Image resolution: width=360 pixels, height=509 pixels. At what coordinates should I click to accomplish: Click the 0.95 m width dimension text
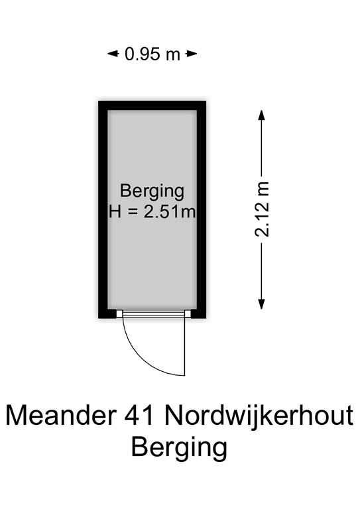152,54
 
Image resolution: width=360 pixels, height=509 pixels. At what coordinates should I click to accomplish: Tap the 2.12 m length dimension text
262,209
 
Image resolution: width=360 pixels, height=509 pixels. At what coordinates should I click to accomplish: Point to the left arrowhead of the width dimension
113,54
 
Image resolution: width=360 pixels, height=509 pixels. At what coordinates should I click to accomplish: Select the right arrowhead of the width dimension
192,54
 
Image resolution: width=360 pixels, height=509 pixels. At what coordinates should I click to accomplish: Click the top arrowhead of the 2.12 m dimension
262,115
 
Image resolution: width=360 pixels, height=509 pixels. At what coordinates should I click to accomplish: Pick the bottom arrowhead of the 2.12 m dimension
262,304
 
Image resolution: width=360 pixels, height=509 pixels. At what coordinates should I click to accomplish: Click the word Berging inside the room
152,192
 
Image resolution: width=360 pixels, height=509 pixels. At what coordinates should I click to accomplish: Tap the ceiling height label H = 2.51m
152,212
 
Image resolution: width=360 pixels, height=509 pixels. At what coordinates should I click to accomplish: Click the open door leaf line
185,347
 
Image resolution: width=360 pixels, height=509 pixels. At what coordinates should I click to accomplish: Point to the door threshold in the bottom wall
152,313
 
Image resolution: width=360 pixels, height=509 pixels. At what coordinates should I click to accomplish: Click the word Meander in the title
62,416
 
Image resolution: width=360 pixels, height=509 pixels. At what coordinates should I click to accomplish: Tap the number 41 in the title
139,416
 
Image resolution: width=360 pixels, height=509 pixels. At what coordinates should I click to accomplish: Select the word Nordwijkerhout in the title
259,415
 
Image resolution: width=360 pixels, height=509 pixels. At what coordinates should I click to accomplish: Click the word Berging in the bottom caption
179,447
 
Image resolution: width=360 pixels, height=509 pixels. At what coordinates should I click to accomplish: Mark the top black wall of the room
152,105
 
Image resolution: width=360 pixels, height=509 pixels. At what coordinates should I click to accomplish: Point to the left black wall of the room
103,209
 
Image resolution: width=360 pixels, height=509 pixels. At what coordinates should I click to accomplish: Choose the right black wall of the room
202,209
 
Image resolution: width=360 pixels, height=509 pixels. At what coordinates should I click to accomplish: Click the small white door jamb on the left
119,313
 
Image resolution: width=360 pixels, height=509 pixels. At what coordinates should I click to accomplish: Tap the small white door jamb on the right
188,313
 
